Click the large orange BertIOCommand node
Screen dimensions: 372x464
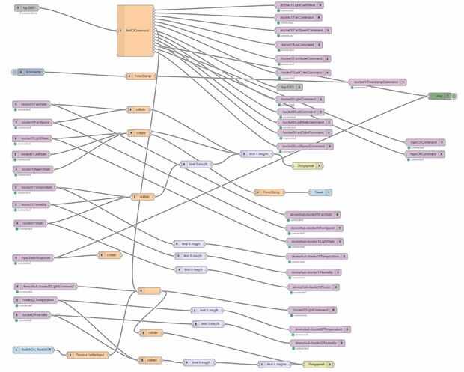tap(135, 31)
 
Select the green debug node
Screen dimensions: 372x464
tap(439, 96)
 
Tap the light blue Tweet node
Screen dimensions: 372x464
tap(320, 192)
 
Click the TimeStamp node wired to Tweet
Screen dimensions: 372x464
tap(270, 192)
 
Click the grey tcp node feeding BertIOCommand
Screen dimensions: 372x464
tap(32, 8)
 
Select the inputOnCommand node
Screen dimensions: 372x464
tap(425, 141)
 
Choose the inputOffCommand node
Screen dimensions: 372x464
tap(425, 154)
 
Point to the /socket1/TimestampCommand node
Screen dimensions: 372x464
tap(376, 82)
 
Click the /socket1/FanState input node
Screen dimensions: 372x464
tap(34, 104)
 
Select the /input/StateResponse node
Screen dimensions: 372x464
tap(34, 257)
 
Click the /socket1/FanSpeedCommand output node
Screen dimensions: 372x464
tap(299, 31)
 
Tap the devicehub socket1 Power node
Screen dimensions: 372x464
tap(316, 286)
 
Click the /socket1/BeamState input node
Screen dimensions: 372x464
tap(34, 169)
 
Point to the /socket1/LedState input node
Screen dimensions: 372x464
tap(34, 153)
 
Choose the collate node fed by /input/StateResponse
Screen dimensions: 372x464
tap(109, 255)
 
